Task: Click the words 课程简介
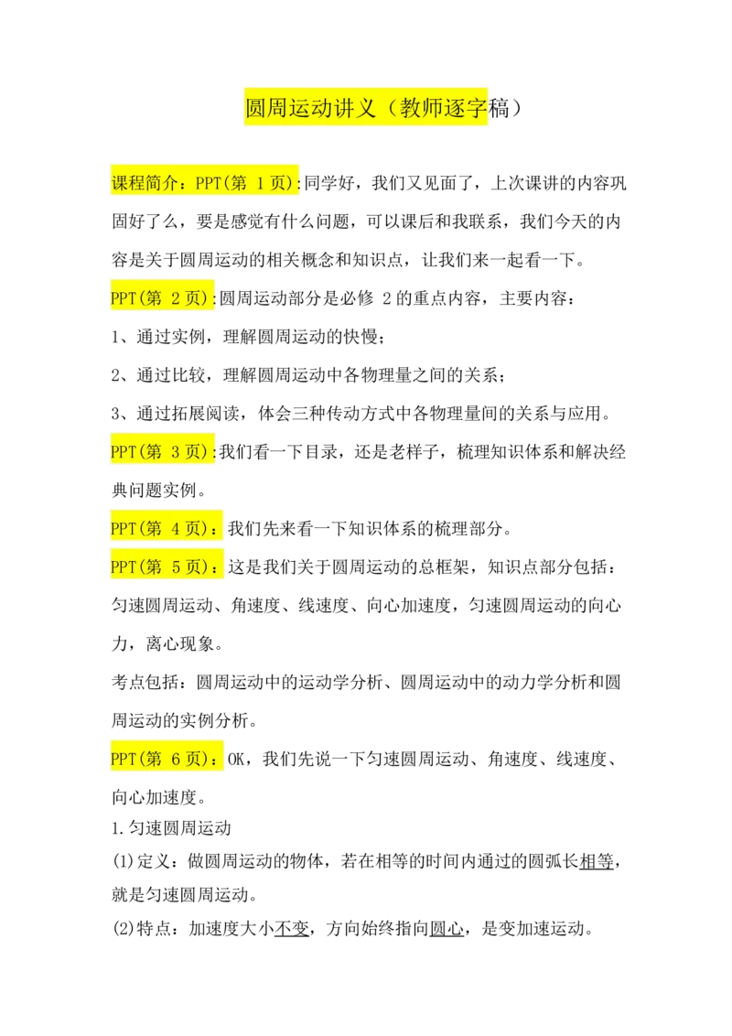pyautogui.click(x=145, y=183)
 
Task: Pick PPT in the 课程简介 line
pyautogui.click(x=209, y=183)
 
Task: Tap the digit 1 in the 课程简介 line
pyautogui.click(x=260, y=183)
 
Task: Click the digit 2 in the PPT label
pyautogui.click(x=176, y=298)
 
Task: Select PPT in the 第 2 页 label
pyautogui.click(x=123, y=298)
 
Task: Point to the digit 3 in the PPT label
pyautogui.click(x=176, y=452)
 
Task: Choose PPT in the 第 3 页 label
pyautogui.click(x=123, y=452)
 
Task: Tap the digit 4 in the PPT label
pyautogui.click(x=176, y=529)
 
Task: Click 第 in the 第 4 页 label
pyautogui.click(x=154, y=529)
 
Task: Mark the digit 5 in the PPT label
pyautogui.click(x=176, y=567)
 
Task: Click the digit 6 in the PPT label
pyautogui.click(x=176, y=760)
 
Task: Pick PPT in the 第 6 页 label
pyautogui.click(x=123, y=760)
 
